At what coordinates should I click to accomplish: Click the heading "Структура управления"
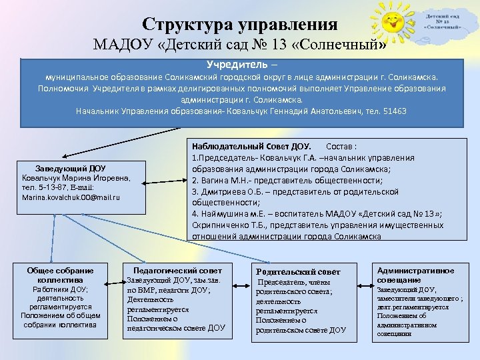point(239,25)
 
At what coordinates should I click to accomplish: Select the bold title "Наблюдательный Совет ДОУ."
point(251,146)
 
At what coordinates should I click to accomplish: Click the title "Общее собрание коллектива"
point(60,275)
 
